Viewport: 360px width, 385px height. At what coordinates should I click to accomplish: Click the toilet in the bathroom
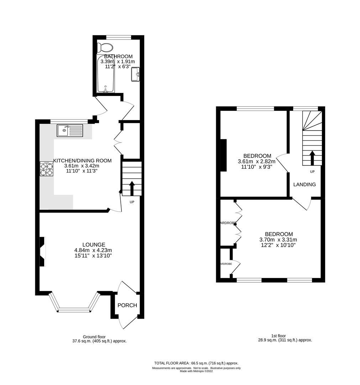[105, 47]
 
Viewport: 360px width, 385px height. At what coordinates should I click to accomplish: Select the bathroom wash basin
[136, 74]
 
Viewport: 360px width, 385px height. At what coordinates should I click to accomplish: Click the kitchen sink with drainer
[69, 130]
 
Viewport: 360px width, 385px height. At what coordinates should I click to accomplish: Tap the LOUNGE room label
[94, 245]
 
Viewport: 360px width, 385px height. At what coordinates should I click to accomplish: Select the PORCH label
[127, 305]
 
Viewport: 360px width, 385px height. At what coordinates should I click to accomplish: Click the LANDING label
[304, 184]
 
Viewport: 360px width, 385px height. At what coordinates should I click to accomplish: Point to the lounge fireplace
[42, 252]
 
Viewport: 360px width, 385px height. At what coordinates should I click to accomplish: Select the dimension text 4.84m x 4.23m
[93, 250]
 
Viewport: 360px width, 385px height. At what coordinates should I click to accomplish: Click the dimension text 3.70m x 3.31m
[278, 240]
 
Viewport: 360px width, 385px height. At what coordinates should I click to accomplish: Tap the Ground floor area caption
[99, 339]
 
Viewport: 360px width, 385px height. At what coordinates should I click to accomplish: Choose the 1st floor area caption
[285, 338]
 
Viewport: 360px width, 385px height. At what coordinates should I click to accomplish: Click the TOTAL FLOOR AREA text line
[196, 363]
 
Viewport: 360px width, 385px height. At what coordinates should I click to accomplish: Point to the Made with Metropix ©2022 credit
[196, 371]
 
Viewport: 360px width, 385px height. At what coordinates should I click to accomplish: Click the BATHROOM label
[118, 56]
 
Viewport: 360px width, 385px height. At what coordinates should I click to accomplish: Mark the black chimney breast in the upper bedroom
[224, 155]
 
